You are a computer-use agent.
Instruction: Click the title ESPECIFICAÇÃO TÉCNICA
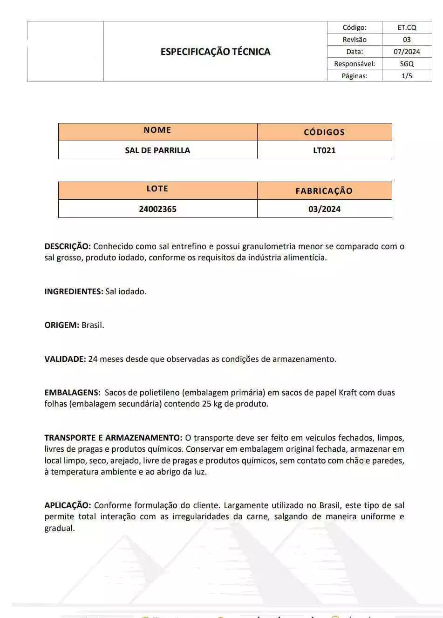(215, 52)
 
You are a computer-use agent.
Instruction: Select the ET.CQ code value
(407, 27)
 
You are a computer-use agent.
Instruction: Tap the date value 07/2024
(407, 52)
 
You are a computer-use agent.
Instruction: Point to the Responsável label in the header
(354, 64)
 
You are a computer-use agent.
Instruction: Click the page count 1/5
(407, 76)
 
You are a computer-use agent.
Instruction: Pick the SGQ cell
(407, 64)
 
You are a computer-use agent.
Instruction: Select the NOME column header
(157, 130)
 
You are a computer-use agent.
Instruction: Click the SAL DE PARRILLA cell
(157, 150)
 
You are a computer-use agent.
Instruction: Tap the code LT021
(324, 150)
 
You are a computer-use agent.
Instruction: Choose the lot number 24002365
(157, 209)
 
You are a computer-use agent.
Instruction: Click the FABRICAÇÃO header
(324, 191)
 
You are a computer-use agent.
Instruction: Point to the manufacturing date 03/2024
(324, 209)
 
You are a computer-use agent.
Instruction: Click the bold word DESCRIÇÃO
(68, 246)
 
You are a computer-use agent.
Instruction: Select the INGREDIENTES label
(74, 292)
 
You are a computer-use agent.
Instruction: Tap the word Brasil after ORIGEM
(93, 325)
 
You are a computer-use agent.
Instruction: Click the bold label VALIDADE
(65, 359)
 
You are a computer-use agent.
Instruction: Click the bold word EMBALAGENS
(72, 393)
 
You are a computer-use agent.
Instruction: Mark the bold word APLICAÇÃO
(68, 505)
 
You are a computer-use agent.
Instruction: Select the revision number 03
(407, 40)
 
